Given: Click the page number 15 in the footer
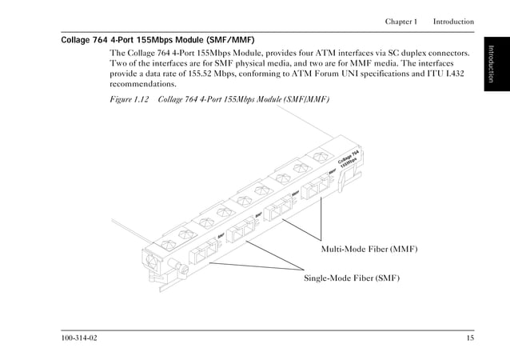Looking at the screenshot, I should click(x=469, y=339).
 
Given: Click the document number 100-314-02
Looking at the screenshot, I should click(x=80, y=339).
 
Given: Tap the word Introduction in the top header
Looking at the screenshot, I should click(x=453, y=21).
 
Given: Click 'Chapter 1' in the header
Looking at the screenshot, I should click(x=400, y=21).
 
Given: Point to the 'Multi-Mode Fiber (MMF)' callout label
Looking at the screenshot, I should click(x=369, y=250).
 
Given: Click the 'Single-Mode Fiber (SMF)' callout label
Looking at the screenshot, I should click(x=351, y=278).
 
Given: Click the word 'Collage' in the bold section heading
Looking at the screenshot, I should click(x=78, y=39).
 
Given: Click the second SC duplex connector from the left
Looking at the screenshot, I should click(x=241, y=232).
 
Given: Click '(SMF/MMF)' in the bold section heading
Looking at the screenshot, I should click(x=230, y=39).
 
